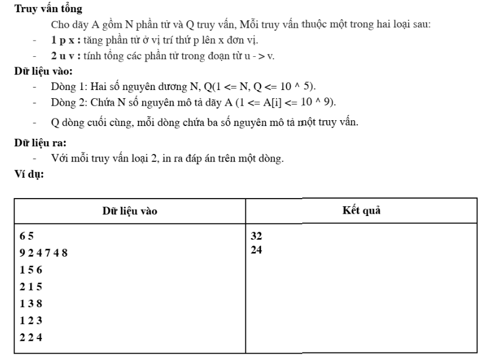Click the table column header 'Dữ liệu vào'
[130, 211]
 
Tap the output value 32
[256, 236]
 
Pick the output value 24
[256, 252]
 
